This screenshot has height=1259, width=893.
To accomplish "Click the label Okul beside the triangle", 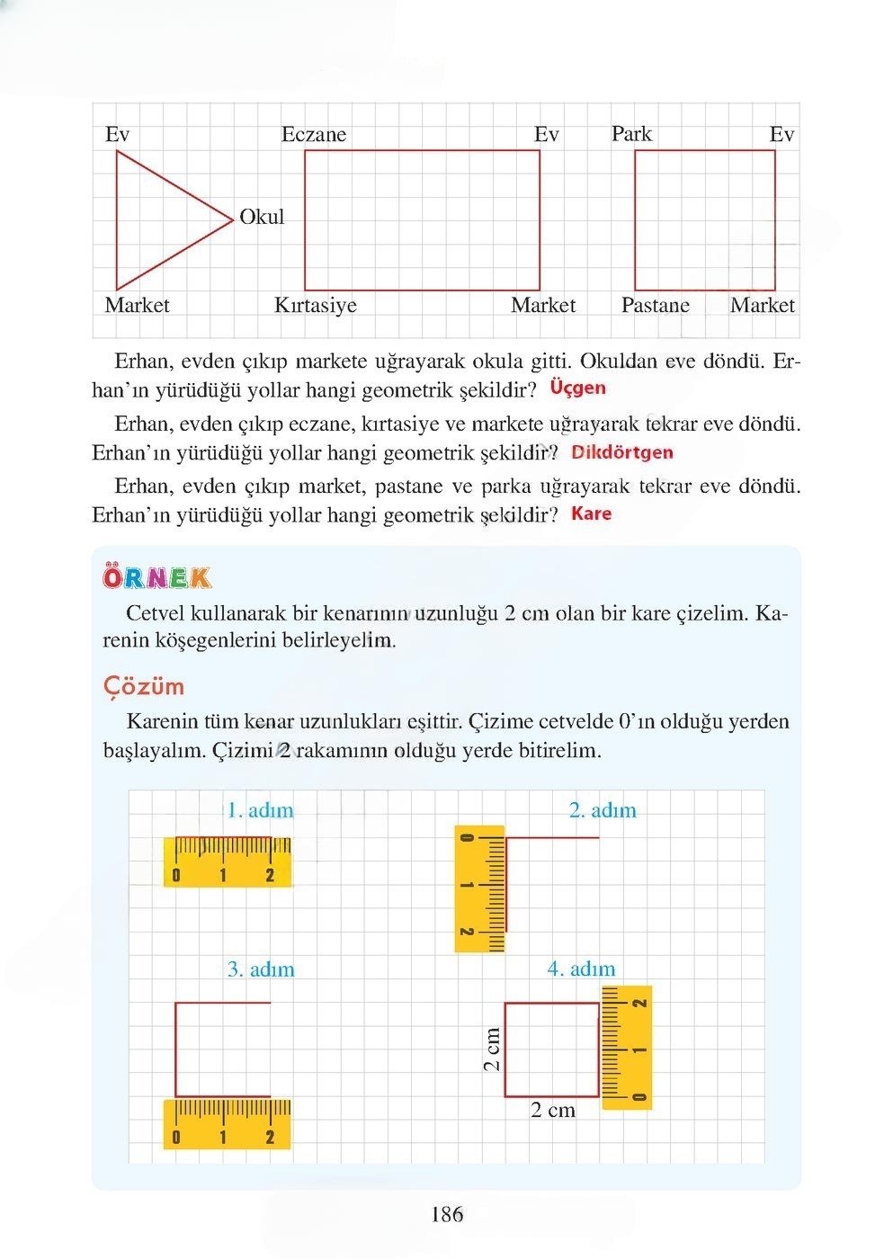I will tap(262, 217).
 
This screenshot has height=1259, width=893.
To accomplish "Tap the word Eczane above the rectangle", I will tap(313, 135).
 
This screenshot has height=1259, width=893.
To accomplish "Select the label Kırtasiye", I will tap(315, 305).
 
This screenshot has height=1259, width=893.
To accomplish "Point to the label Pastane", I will tap(655, 305).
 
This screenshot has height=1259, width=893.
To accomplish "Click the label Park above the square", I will tap(631, 134).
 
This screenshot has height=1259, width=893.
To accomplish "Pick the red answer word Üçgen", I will tap(577, 388).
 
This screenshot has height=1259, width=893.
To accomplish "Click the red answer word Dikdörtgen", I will tap(621, 452).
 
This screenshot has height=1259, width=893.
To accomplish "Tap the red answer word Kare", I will tap(591, 513).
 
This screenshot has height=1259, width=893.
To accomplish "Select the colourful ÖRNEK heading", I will tap(157, 577).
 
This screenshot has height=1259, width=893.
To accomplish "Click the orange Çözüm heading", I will tap(144, 686).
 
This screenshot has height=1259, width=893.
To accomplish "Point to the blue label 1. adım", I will tap(260, 810).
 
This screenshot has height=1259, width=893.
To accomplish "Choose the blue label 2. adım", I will tap(602, 810).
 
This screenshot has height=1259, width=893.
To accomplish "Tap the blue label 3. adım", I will tap(261, 969).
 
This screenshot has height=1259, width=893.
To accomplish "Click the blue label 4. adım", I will tap(581, 969).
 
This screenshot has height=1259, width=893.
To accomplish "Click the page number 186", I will tap(447, 1215).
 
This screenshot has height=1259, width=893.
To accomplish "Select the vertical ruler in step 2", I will tap(480, 888).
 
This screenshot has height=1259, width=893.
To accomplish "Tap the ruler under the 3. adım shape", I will tap(228, 1123).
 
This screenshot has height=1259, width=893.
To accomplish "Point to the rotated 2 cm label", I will tap(491, 1049).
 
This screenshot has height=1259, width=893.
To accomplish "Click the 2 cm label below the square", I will tap(552, 1110).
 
